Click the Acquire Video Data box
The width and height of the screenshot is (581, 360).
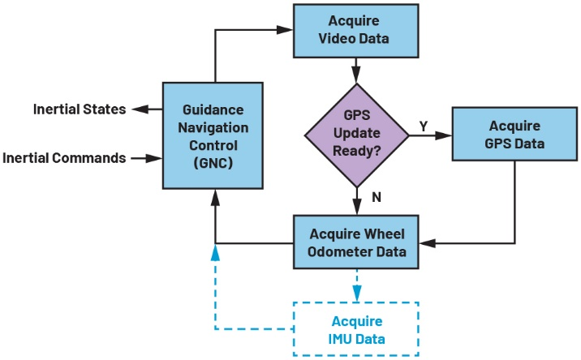click(355, 30)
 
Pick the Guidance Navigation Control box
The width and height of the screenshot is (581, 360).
click(214, 135)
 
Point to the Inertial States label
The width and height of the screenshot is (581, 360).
click(79, 109)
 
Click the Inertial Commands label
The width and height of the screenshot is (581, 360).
click(64, 158)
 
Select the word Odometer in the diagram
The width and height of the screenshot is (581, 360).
click(342, 251)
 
